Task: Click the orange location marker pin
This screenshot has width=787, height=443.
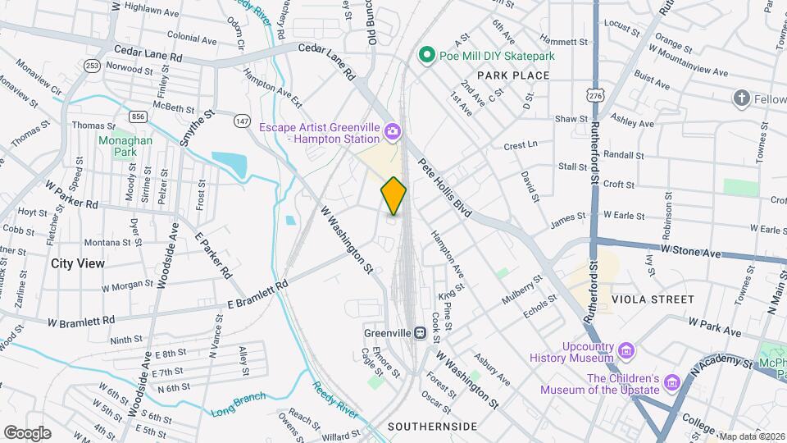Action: pos(393,196)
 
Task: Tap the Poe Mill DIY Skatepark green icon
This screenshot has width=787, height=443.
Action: pos(426,56)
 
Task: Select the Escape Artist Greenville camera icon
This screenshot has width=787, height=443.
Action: pos(393,131)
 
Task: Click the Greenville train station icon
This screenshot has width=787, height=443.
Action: pos(419,333)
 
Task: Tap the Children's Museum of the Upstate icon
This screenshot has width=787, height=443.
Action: pos(672,383)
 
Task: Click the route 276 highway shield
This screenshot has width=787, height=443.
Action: pos(594,96)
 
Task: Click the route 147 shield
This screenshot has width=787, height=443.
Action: pos(241,121)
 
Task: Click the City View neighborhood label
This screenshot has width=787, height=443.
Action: pos(78,263)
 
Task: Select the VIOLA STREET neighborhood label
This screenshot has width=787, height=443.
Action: pos(657,299)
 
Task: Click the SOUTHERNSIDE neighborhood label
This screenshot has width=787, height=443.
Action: pos(432,427)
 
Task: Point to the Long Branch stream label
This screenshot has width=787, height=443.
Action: pos(238,403)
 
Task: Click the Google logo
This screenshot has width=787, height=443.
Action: pos(28,432)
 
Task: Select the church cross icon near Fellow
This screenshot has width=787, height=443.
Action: pos(742,98)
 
